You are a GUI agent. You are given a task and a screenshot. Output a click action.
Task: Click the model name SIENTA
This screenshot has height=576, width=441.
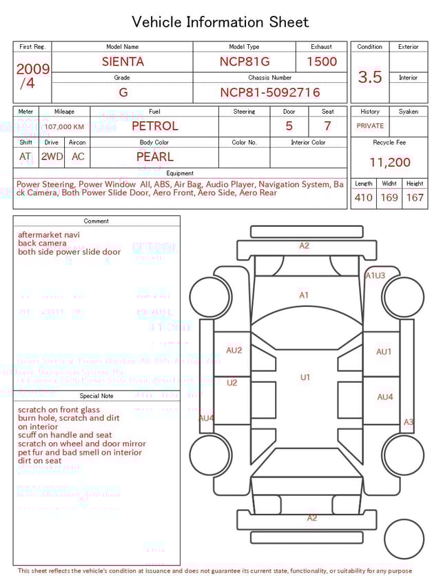tap(123, 61)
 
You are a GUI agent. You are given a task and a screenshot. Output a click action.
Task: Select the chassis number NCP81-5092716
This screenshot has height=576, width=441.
tap(269, 92)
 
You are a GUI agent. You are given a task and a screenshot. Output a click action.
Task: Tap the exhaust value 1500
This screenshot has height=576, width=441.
tap(322, 61)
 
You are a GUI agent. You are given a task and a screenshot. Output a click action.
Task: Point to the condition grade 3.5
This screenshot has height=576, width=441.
tap(370, 77)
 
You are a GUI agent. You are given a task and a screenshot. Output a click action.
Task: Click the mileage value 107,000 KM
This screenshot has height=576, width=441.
tap(65, 127)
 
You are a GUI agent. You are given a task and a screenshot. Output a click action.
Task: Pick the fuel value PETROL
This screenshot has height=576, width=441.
tap(154, 126)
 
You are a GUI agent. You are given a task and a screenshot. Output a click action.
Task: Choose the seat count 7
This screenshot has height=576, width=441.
tap(327, 126)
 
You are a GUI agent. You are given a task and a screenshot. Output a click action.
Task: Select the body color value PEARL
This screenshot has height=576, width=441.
tap(154, 157)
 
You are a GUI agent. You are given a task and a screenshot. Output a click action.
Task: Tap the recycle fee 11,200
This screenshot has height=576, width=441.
tap(389, 163)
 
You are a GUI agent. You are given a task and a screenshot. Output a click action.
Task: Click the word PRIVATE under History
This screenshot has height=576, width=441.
tap(370, 126)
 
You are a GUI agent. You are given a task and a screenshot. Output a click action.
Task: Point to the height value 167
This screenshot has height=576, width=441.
tap(415, 198)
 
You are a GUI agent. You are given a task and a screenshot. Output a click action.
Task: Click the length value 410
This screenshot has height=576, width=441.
tap(363, 198)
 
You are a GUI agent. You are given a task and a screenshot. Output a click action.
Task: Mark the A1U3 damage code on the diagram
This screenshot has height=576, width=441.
tap(375, 275)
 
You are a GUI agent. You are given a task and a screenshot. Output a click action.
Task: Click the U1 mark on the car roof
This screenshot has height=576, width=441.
tap(305, 377)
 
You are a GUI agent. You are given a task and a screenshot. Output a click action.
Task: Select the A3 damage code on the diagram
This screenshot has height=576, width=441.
tap(409, 422)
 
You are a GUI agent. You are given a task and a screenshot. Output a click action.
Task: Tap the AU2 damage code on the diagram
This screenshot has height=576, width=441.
tap(234, 350)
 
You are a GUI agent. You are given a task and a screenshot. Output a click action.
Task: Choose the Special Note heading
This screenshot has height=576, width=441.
tap(96, 396)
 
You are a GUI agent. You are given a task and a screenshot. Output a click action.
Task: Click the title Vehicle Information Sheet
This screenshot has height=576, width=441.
tap(220, 22)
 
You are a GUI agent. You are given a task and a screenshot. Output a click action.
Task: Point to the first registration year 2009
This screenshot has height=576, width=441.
tap(32, 69)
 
